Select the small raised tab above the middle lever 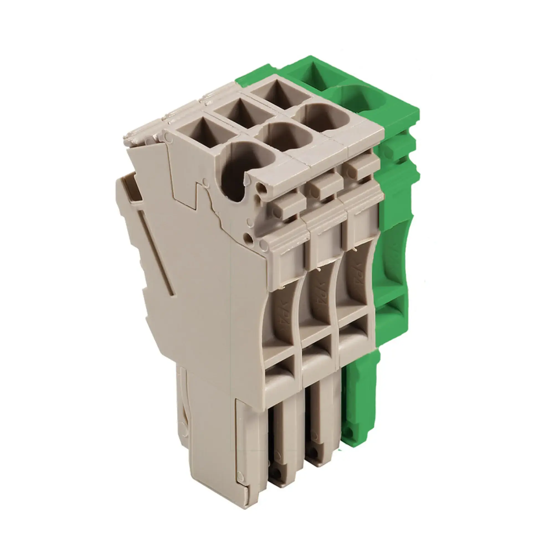(x=324, y=188)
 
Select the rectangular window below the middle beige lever (x=317, y=354)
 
